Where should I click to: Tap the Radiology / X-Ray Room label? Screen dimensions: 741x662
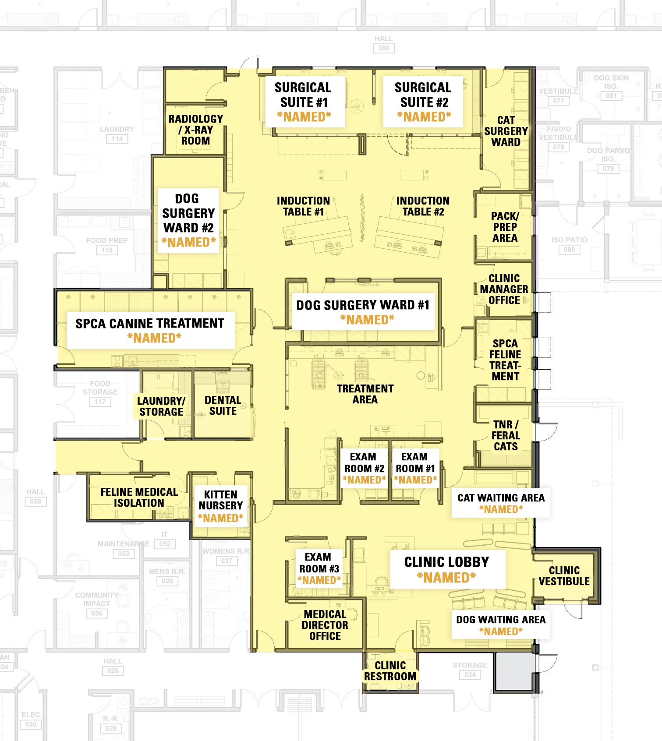(195, 130)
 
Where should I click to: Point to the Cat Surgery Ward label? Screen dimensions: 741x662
(506, 131)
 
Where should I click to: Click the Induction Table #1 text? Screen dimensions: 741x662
(303, 206)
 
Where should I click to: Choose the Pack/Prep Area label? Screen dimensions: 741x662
(505, 227)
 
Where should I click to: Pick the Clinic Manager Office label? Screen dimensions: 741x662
(504, 289)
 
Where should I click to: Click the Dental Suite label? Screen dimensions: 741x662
(223, 405)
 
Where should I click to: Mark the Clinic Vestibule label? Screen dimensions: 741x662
(564, 575)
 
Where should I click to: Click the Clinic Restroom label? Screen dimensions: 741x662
(390, 670)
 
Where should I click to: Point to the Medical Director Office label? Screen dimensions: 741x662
(325, 625)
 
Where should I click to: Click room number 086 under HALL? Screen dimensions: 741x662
(383, 48)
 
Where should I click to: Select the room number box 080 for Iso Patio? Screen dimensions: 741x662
(569, 250)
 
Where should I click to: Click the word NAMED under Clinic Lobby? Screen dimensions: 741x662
(446, 578)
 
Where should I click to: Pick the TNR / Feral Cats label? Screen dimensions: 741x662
(506, 435)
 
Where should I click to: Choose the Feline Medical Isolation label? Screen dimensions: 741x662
(139, 497)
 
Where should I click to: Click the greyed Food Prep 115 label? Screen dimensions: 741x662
(107, 245)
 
